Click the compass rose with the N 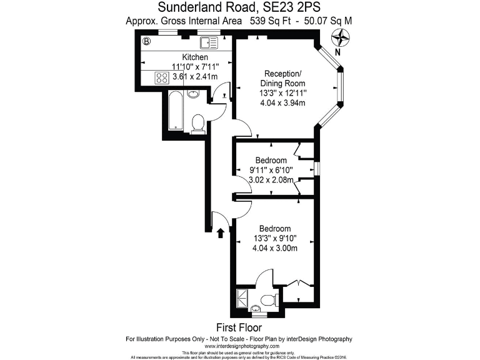pos(340,39)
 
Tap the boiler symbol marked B pos(146,42)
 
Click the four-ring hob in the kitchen pos(162,78)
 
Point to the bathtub pos(176,110)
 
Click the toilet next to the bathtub pos(198,122)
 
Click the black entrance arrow pos(221,233)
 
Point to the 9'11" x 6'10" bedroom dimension pos(271,170)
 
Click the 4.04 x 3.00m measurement pos(274,248)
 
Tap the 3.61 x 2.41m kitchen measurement pos(195,76)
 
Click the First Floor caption pos(239,327)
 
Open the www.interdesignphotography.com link pos(239,346)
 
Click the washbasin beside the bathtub pos(193,94)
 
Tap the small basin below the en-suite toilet pos(257,307)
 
